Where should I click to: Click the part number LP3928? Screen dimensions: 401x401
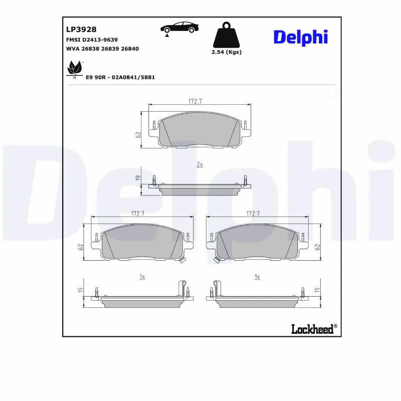pyautogui.click(x=81, y=30)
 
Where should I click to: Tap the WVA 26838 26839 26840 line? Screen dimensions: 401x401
pyautogui.click(x=102, y=49)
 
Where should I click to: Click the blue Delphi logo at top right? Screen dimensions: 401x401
pyautogui.click(x=300, y=37)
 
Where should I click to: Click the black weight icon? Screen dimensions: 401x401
pyautogui.click(x=227, y=36)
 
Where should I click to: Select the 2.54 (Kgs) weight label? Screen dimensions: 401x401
pyautogui.click(x=227, y=52)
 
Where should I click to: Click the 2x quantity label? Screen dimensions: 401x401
pyautogui.click(x=199, y=164)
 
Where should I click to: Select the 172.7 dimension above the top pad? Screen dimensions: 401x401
pyautogui.click(x=195, y=101)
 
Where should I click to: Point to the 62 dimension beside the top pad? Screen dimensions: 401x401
pyautogui.click(x=137, y=134)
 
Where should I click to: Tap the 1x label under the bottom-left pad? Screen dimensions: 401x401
pyautogui.click(x=142, y=276)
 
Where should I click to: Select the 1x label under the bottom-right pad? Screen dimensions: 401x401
pyautogui.click(x=257, y=276)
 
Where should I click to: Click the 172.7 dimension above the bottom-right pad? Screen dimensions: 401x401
pyautogui.click(x=254, y=214)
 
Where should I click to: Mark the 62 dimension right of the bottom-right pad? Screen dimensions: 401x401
pyautogui.click(x=317, y=246)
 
